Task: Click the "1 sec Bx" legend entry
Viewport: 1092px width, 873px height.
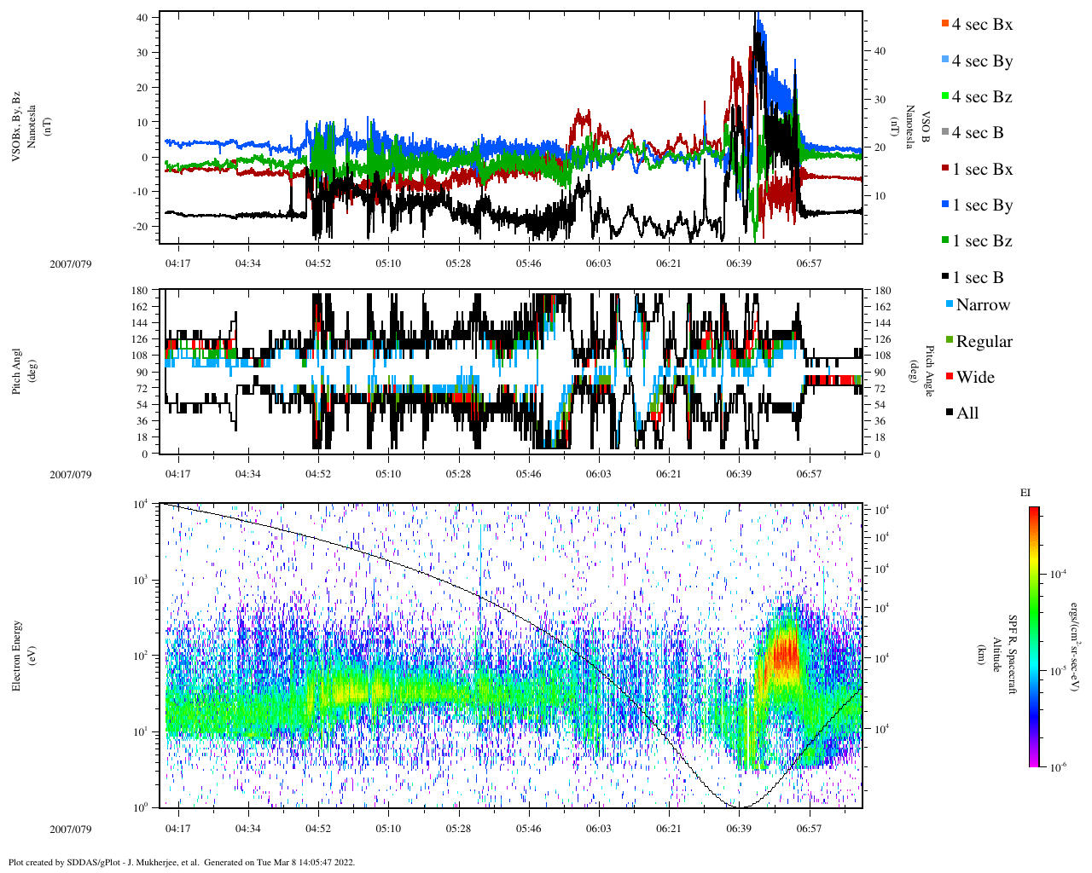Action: (982, 170)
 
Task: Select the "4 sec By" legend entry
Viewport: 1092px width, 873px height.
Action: (982, 61)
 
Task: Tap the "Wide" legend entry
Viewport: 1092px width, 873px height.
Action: (975, 378)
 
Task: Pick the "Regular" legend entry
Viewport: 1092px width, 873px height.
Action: (984, 342)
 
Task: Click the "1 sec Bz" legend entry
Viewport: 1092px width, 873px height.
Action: (982, 241)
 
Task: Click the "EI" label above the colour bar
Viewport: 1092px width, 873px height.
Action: (1025, 493)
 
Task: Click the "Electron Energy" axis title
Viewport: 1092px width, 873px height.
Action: (17, 655)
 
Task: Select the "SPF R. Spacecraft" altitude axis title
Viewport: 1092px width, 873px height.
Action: (1013, 655)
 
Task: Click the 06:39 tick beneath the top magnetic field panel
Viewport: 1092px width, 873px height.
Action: (739, 263)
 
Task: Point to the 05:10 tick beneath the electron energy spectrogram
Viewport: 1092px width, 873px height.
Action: (388, 829)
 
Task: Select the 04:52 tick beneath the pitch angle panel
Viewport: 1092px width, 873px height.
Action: (318, 474)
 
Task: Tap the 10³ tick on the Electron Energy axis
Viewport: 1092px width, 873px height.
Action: (141, 581)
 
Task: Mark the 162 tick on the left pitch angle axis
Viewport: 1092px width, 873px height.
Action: (139, 307)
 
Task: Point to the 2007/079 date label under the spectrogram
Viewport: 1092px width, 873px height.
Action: (70, 829)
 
